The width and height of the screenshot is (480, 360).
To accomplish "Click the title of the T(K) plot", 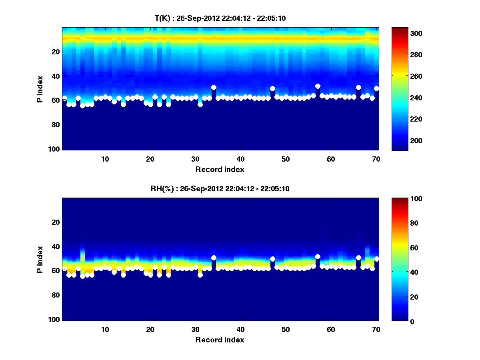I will (220, 18).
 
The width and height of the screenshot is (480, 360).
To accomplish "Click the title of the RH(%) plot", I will (220, 188).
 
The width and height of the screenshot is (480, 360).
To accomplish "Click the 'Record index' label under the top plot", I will (220, 169).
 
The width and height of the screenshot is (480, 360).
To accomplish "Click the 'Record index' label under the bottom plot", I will (220, 340).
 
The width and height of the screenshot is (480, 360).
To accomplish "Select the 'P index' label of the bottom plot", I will (40, 259).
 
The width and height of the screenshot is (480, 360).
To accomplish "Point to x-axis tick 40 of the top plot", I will (240, 159).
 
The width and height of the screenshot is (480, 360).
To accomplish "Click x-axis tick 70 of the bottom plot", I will (376, 329).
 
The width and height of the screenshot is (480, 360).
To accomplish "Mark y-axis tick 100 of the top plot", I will (55, 149).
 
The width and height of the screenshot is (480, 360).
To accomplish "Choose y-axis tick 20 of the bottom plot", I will (55, 222).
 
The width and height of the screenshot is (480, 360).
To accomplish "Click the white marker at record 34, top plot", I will (214, 87).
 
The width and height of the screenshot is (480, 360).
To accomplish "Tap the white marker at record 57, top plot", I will (318, 86).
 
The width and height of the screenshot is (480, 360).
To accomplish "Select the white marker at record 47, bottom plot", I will (272, 259).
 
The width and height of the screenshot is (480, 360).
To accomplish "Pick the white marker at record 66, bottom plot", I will (358, 258).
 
